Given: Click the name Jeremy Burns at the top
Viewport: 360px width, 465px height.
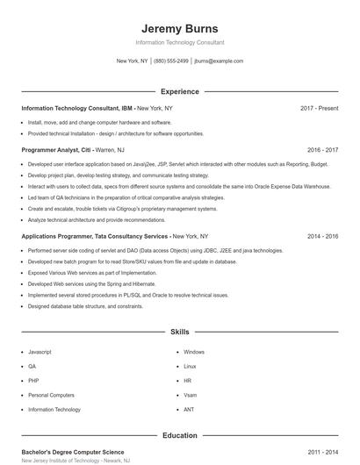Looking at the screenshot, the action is pyautogui.click(x=180, y=28).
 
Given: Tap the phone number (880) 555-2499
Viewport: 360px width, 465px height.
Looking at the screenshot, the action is pyautogui.click(x=171, y=61).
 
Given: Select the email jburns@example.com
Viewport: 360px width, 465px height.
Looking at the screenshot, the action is pyautogui.click(x=219, y=61).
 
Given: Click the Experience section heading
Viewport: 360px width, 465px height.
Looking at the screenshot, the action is pyautogui.click(x=180, y=91).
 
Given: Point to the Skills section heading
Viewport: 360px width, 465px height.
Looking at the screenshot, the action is pyautogui.click(x=180, y=333).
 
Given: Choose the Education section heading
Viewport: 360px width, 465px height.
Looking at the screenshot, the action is pyautogui.click(x=180, y=435).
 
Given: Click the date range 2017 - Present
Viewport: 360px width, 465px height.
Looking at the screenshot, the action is pyautogui.click(x=319, y=108).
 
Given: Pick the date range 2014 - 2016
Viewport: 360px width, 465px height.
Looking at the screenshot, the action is pyautogui.click(x=322, y=237).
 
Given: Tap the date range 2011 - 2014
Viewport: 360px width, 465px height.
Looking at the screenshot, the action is pyautogui.click(x=322, y=452).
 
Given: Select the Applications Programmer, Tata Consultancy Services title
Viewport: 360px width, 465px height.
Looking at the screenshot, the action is pyautogui.click(x=95, y=237).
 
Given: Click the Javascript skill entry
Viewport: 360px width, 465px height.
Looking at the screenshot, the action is pyautogui.click(x=40, y=352).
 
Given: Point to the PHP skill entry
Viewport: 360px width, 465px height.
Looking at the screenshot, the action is pyautogui.click(x=33, y=381).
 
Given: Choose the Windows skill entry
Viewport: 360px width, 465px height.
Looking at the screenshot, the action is pyautogui.click(x=194, y=352).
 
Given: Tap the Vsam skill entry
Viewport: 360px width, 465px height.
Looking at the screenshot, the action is pyautogui.click(x=190, y=395).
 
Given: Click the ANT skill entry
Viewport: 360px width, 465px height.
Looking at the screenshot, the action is pyautogui.click(x=189, y=410).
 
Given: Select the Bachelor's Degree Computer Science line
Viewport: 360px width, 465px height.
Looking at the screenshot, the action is pyautogui.click(x=73, y=452).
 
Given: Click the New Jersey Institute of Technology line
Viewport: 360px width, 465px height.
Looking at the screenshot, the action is pyautogui.click(x=76, y=461).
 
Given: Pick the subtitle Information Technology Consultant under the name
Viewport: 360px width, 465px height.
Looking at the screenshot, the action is pyautogui.click(x=180, y=42).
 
